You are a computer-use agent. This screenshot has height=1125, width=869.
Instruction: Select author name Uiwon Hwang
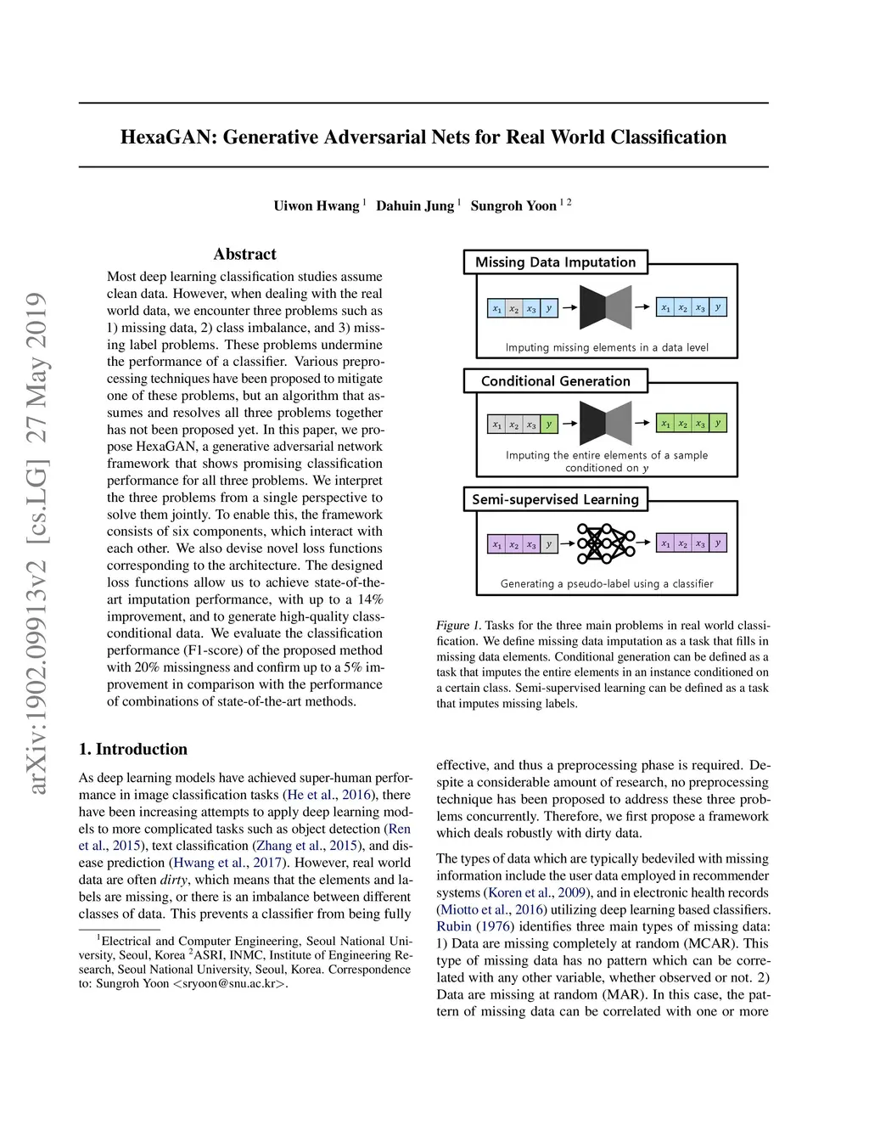tap(316, 206)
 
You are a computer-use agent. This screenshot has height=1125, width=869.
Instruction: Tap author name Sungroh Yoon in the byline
tap(513, 206)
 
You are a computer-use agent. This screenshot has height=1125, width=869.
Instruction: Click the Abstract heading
tap(244, 254)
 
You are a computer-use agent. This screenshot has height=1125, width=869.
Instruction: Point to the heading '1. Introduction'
tap(133, 749)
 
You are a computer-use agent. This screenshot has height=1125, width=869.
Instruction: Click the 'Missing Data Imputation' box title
tap(555, 262)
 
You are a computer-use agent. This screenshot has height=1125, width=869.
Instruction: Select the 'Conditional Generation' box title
tap(555, 381)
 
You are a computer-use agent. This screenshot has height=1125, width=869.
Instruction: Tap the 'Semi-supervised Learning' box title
tap(555, 499)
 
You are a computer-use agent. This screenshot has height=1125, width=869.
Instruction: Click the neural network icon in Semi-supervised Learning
tap(606, 543)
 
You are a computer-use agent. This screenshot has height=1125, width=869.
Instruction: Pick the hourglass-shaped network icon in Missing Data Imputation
tap(606, 307)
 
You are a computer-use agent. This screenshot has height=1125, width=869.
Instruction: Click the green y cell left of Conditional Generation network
tap(548, 424)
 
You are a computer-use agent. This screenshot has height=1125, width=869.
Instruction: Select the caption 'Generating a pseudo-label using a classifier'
tap(606, 584)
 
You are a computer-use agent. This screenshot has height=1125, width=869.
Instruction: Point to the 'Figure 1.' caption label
tap(459, 626)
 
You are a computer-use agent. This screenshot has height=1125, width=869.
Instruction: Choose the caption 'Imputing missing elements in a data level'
tap(606, 347)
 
